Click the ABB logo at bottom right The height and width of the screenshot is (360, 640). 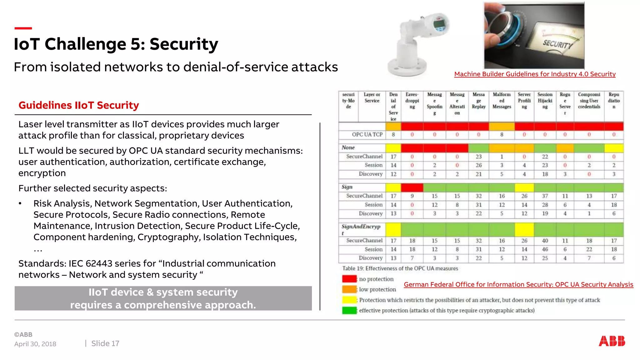click(x=612, y=341)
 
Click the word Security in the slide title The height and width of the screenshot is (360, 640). click(x=184, y=44)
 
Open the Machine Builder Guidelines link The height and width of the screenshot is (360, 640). click(x=535, y=74)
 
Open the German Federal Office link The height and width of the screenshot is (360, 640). click(x=518, y=284)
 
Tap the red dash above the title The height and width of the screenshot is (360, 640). click(x=23, y=28)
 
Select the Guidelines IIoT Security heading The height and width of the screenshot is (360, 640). click(x=79, y=105)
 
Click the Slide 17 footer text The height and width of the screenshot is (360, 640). click(x=105, y=343)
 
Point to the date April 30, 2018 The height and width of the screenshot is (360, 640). click(x=35, y=344)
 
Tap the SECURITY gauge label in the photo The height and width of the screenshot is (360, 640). click(x=557, y=44)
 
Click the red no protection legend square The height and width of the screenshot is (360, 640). click(x=349, y=279)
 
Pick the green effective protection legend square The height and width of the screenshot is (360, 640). click(x=349, y=310)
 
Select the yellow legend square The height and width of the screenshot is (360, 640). click(x=349, y=300)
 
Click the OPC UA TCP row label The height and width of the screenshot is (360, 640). click(x=367, y=134)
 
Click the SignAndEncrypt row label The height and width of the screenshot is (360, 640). click(x=361, y=229)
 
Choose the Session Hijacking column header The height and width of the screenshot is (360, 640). click(x=545, y=101)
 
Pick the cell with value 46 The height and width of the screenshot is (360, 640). click(x=545, y=249)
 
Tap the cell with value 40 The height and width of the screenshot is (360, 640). click(x=545, y=241)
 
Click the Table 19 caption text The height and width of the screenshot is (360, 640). click(x=400, y=268)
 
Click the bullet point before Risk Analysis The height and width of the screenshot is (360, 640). click(x=20, y=204)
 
